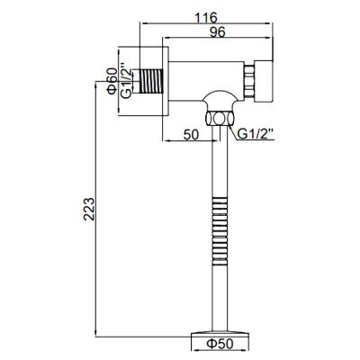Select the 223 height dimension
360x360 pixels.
(85, 210)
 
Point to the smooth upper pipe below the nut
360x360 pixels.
(219, 162)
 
